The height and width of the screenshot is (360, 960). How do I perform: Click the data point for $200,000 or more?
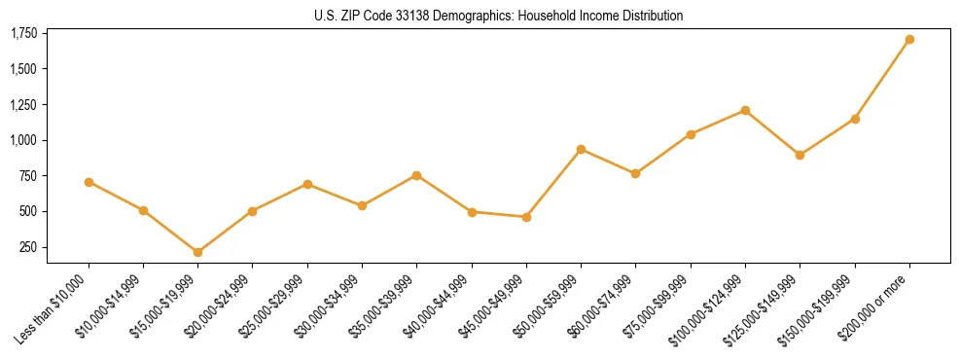(x=909, y=40)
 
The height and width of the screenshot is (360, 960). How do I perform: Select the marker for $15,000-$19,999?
(x=198, y=252)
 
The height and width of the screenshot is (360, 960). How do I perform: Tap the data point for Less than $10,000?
(x=89, y=182)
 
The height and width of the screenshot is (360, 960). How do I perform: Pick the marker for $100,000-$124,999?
(x=745, y=110)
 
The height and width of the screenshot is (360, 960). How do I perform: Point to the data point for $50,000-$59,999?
(x=581, y=149)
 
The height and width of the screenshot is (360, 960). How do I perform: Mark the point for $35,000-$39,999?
(x=417, y=175)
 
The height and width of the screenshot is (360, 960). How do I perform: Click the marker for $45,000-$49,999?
(x=526, y=217)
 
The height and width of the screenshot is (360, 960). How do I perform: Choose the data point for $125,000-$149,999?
(x=800, y=155)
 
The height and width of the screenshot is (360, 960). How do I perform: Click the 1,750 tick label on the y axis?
(x=23, y=34)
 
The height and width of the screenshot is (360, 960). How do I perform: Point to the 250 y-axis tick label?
(x=28, y=247)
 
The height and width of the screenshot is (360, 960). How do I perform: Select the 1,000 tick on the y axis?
(x=23, y=140)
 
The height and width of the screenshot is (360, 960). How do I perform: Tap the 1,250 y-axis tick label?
(x=23, y=105)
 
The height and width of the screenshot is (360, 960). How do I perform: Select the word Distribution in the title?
(x=650, y=16)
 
